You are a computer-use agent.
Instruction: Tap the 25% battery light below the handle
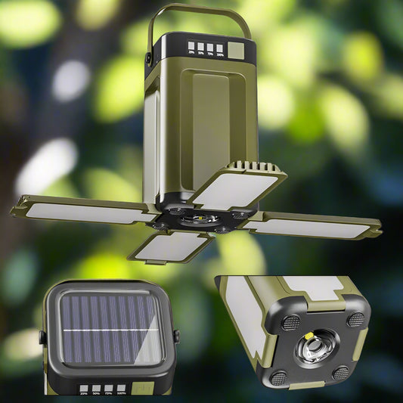click(x=191, y=48)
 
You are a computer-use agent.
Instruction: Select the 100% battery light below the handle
click(x=221, y=48)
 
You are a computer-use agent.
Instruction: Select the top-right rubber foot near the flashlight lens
click(x=355, y=319)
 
